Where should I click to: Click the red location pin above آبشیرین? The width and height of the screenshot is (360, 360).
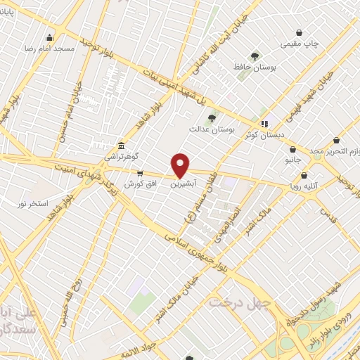point(181,165)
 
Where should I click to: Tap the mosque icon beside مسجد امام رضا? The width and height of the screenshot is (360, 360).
point(49,38)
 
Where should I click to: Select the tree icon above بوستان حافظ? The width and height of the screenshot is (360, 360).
point(255,56)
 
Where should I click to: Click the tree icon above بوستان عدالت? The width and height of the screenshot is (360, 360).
point(212,117)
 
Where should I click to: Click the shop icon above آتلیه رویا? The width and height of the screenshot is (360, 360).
point(304,176)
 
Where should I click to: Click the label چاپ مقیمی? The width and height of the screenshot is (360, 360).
point(300,43)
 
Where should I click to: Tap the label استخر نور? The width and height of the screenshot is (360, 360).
point(32,203)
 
